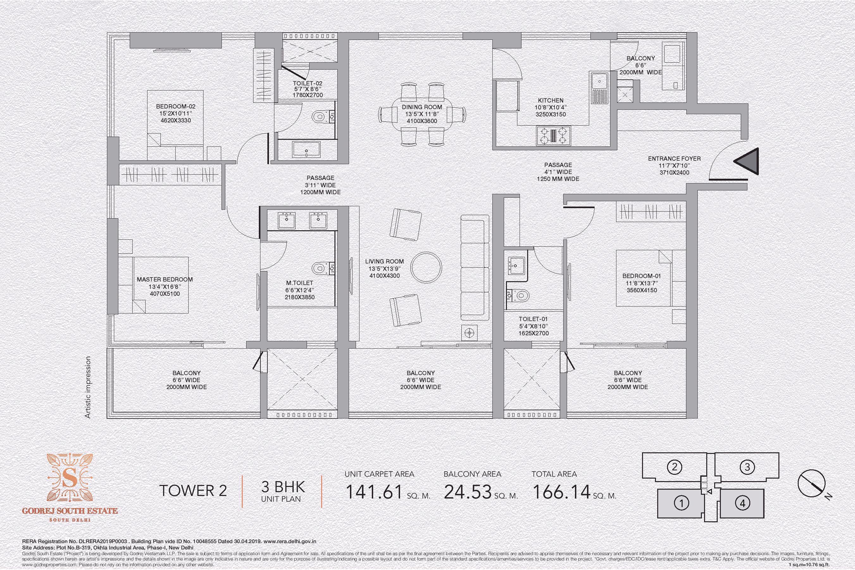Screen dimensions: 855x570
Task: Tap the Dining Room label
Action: pyautogui.click(x=422, y=107)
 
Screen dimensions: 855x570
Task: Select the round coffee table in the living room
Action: pyautogui.click(x=426, y=268)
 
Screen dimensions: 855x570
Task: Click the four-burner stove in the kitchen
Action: pyautogui.click(x=553, y=136)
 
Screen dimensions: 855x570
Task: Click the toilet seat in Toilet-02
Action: pyautogui.click(x=319, y=117)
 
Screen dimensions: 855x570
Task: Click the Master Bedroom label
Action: pyautogui.click(x=165, y=280)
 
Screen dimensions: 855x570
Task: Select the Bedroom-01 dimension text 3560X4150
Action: pyautogui.click(x=641, y=290)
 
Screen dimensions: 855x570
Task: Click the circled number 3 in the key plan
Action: pyautogui.click(x=747, y=467)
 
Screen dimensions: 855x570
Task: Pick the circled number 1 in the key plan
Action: pyautogui.click(x=682, y=503)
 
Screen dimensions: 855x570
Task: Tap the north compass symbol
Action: pyautogui.click(x=812, y=483)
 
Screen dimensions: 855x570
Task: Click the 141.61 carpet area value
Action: pyautogui.click(x=374, y=492)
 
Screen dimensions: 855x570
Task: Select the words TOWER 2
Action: pyautogui.click(x=193, y=491)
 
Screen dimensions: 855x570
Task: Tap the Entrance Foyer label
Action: pyautogui.click(x=674, y=158)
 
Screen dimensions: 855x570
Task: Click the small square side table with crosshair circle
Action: pyautogui.click(x=470, y=333)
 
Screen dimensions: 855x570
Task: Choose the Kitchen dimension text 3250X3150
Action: pyautogui.click(x=551, y=114)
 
